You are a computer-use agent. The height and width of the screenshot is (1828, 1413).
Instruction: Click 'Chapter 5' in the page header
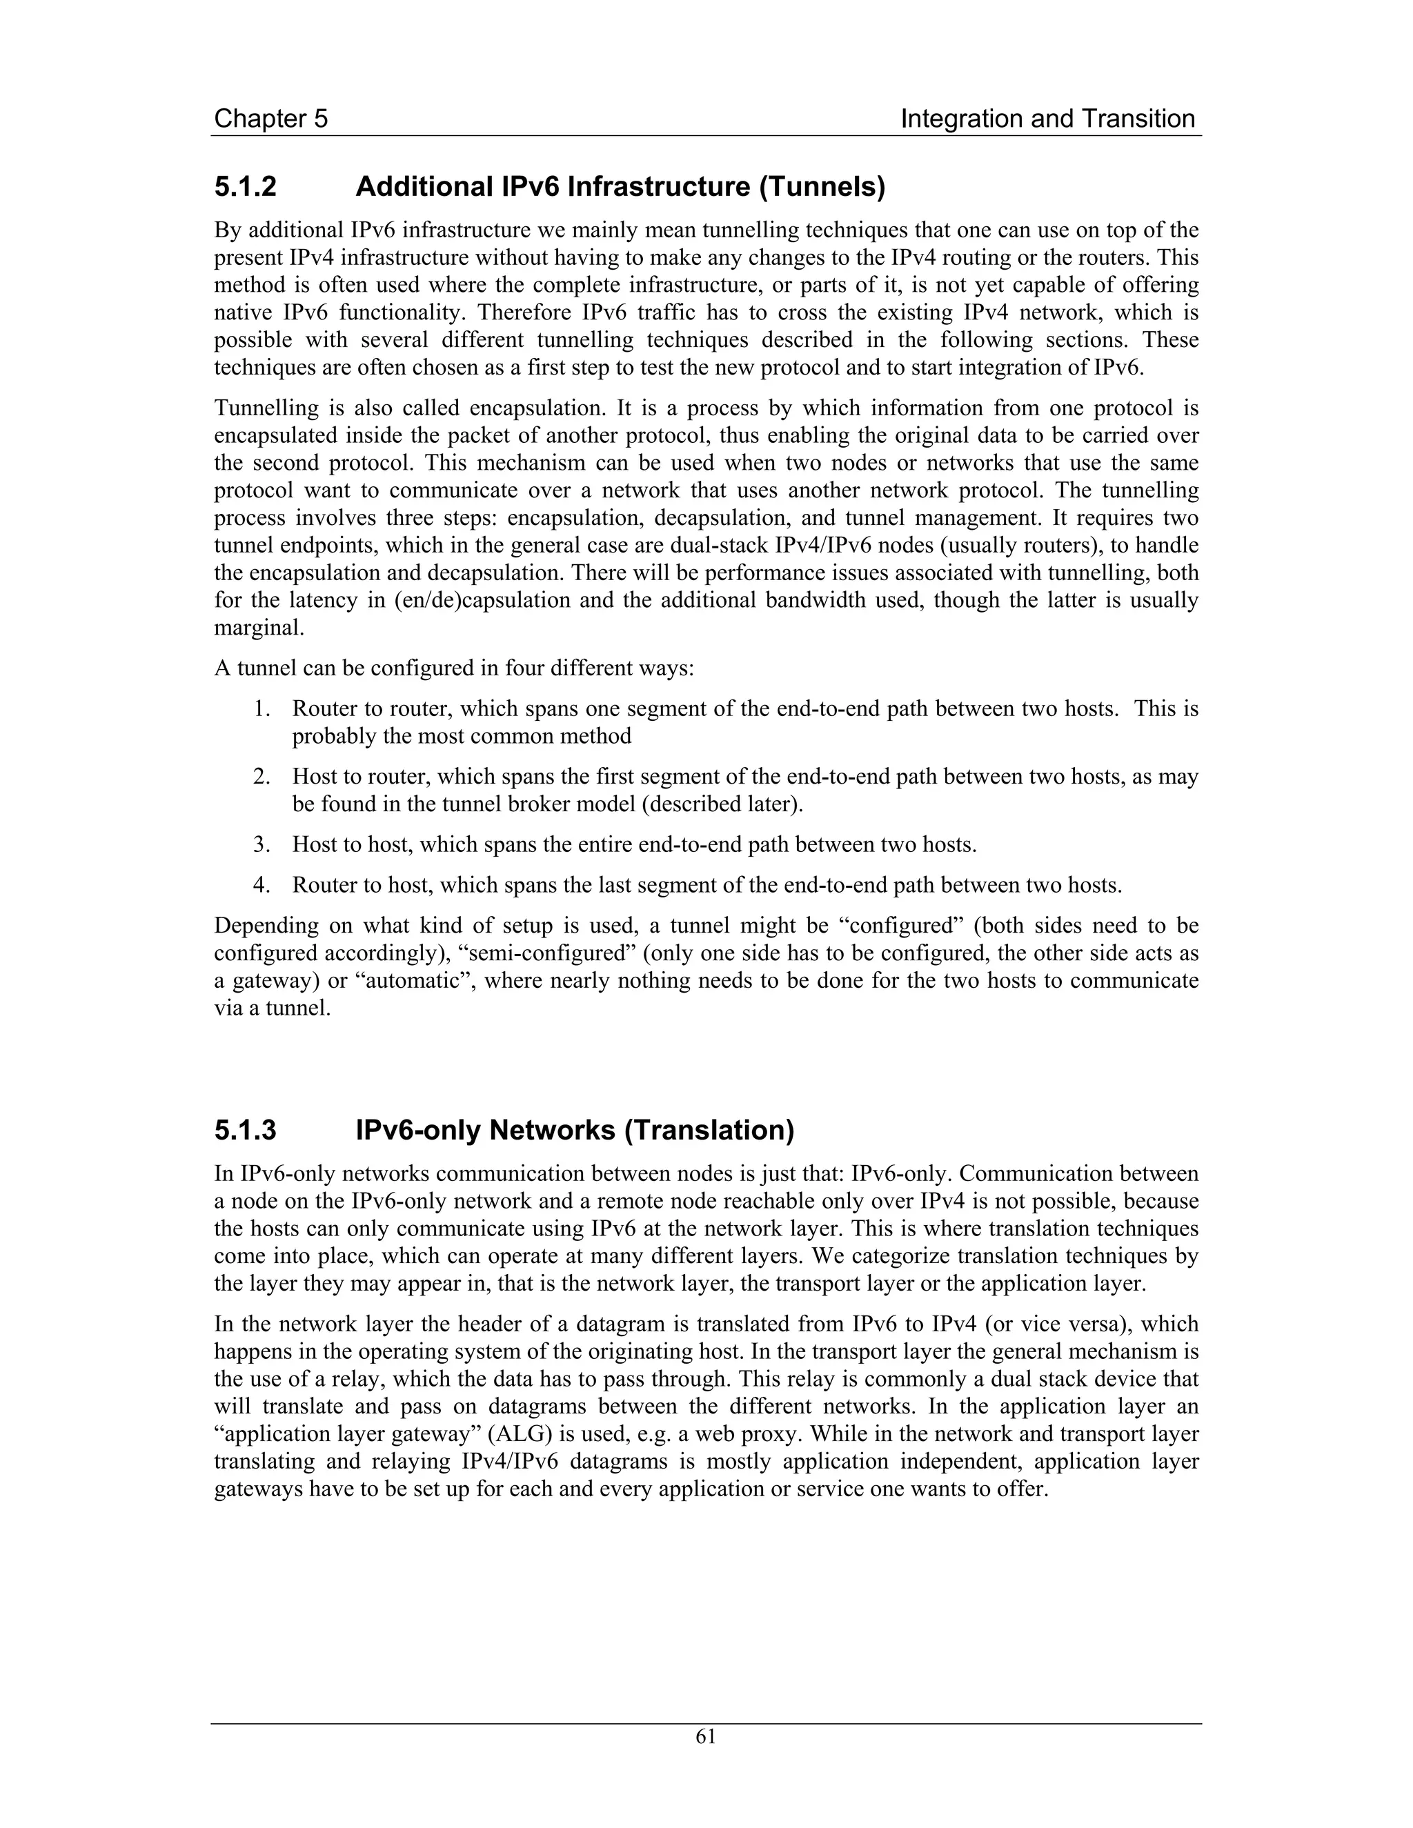point(270,119)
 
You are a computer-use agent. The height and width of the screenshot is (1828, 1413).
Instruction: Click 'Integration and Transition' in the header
point(1047,119)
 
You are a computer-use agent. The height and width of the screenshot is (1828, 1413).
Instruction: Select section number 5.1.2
point(245,187)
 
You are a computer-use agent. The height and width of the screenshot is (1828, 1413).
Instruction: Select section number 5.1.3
point(245,1131)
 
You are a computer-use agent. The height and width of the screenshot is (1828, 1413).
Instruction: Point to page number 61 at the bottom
point(706,1737)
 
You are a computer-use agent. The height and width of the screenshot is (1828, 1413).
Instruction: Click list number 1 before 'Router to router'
point(262,709)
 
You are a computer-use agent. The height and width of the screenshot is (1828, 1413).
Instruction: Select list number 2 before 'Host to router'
point(262,777)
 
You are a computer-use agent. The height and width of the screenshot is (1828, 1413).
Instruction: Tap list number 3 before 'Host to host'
point(262,844)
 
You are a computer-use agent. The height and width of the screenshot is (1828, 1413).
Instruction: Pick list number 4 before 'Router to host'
point(262,885)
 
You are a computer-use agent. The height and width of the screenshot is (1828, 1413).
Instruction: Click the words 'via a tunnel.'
point(272,1009)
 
